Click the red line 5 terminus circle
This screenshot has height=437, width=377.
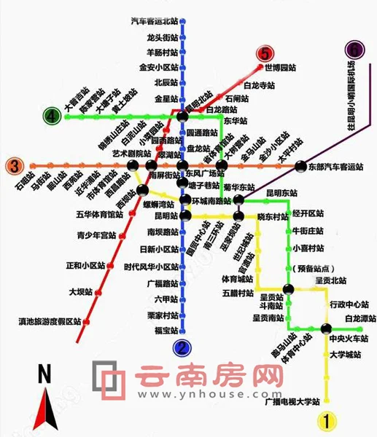264,53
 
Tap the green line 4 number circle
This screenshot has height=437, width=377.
51,116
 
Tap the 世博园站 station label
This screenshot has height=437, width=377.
281,68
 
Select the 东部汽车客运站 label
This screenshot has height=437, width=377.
335,167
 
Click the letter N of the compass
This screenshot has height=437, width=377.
44,375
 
